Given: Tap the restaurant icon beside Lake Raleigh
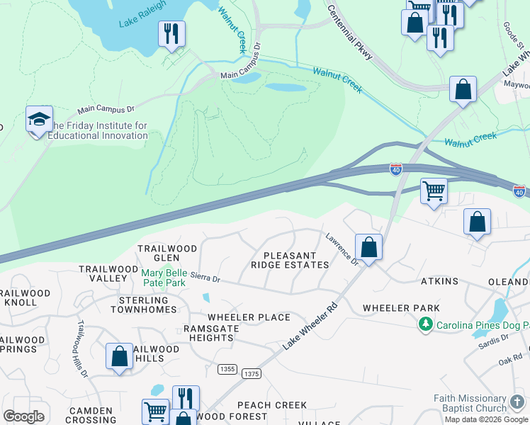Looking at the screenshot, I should click(x=171, y=33).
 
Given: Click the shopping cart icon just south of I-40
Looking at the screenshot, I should click(x=434, y=191).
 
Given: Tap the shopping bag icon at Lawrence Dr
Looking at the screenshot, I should click(x=368, y=248).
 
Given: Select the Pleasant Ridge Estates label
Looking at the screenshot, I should click(x=290, y=260).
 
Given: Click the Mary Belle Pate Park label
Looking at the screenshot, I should click(x=164, y=278).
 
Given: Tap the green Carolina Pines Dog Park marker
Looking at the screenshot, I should click(x=425, y=324).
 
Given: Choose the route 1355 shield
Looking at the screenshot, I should click(x=227, y=369).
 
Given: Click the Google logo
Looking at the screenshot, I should click(x=23, y=416).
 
